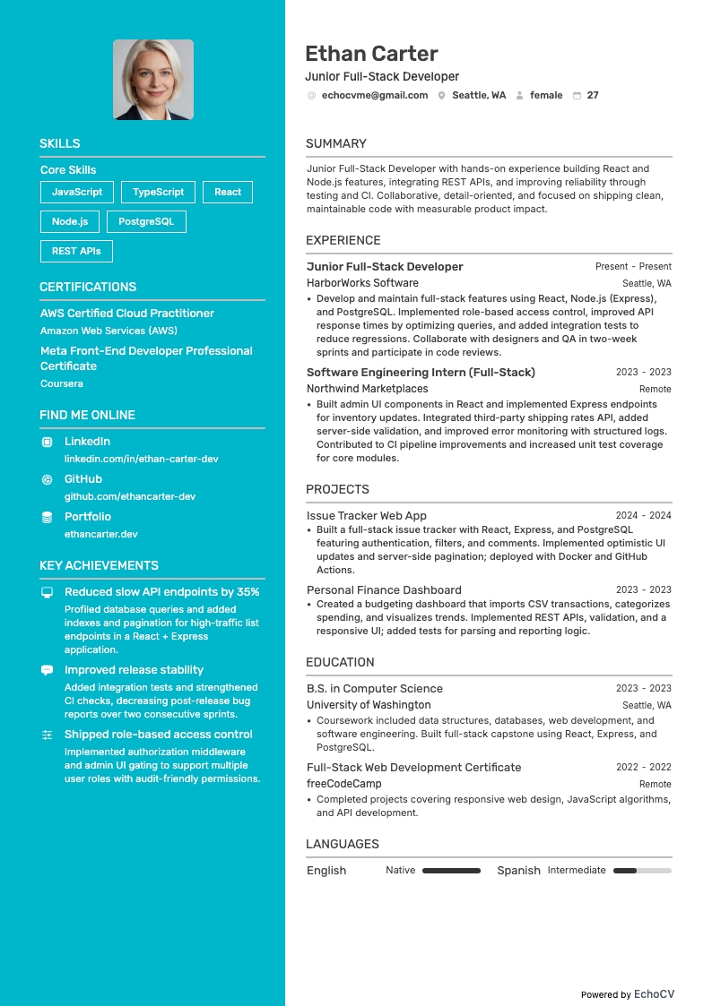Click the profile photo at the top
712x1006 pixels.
[153, 80]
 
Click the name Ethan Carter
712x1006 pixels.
[371, 54]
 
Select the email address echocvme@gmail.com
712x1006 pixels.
[374, 95]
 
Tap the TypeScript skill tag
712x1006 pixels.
[158, 192]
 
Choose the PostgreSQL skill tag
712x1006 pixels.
[146, 221]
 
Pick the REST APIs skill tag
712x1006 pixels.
[76, 251]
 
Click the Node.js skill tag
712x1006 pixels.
[70, 221]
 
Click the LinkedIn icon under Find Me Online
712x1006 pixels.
[47, 442]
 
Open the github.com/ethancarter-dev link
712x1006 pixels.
[129, 496]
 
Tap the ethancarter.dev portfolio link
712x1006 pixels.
[100, 534]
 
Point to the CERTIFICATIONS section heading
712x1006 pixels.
[88, 287]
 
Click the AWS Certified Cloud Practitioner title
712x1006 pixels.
[127, 314]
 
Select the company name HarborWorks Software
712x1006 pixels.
[362, 283]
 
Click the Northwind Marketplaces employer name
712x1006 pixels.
[367, 389]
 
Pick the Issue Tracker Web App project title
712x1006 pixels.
[366, 516]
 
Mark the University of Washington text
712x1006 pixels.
[369, 705]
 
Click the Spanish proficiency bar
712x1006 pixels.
[642, 871]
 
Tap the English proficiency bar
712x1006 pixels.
[451, 871]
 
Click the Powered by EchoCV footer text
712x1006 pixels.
[627, 994]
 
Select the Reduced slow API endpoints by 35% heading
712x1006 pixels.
[161, 592]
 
